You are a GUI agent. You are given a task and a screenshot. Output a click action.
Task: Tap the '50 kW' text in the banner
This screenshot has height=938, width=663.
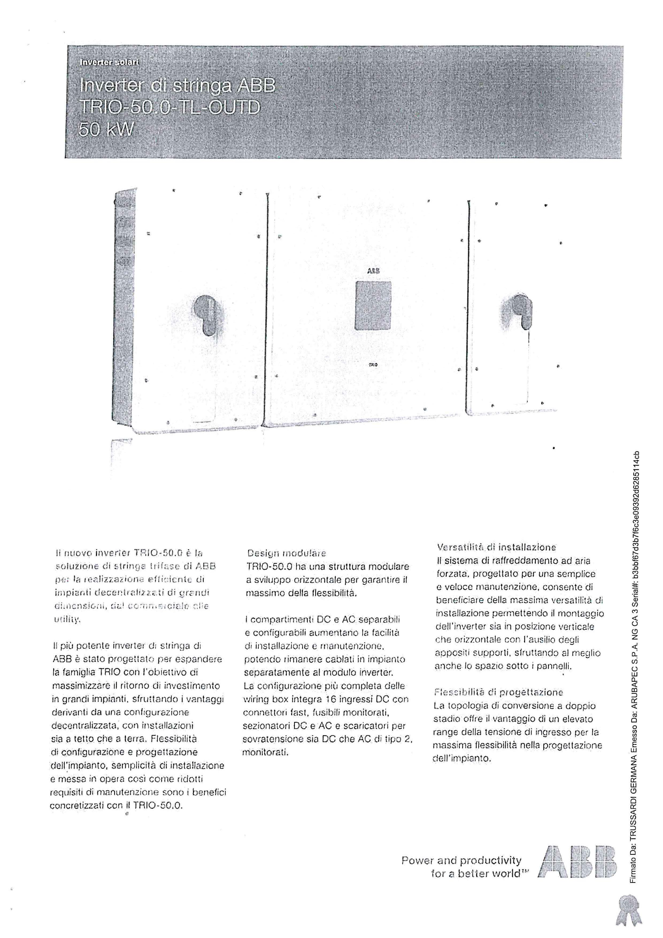pos(106,130)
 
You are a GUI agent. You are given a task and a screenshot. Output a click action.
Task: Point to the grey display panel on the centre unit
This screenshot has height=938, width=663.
pos(373,305)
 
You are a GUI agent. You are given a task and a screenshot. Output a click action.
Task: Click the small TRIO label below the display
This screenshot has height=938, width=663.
pos(372,363)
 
